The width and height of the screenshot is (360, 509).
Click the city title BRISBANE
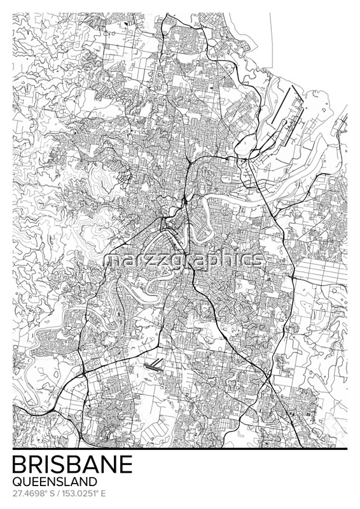click(x=73, y=464)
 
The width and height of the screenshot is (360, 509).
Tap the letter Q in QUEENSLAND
click(x=17, y=482)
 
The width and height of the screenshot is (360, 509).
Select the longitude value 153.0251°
click(x=81, y=493)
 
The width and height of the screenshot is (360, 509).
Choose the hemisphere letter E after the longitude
click(x=103, y=493)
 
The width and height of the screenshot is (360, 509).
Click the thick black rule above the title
click(x=180, y=449)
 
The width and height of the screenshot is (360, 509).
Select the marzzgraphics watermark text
click(x=184, y=260)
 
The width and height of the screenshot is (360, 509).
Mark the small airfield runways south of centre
click(x=155, y=365)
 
